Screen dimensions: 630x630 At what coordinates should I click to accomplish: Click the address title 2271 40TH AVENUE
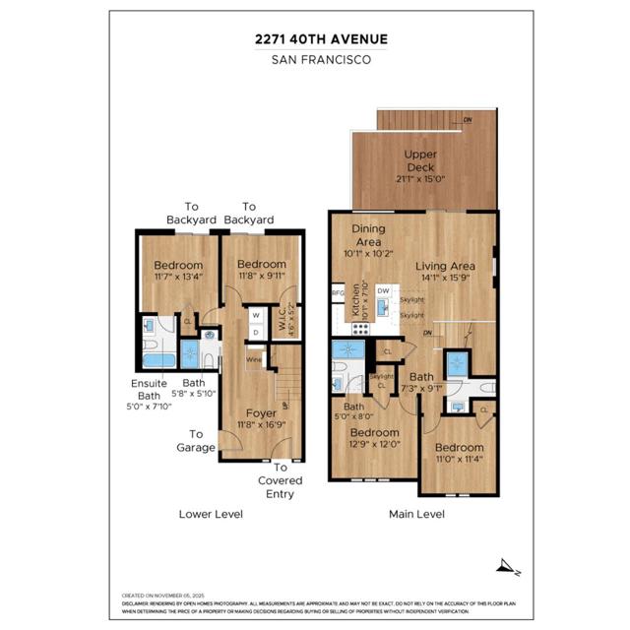[315, 39]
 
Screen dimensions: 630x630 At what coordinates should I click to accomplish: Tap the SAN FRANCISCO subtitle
[315, 59]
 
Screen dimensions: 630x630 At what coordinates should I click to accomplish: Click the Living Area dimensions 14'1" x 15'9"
[445, 279]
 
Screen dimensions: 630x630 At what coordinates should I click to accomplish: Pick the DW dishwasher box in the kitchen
[384, 291]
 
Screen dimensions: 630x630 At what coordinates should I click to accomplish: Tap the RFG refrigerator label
[338, 292]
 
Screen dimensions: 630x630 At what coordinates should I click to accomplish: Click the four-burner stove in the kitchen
[360, 329]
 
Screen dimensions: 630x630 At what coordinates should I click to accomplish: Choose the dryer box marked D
[256, 332]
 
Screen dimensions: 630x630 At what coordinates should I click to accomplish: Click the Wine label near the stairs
[254, 360]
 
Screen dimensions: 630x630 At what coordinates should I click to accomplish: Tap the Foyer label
[261, 413]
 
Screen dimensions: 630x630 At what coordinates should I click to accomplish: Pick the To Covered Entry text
[281, 480]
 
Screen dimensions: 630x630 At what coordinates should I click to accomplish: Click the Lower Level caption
[211, 514]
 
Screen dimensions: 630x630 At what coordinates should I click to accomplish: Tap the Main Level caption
[415, 514]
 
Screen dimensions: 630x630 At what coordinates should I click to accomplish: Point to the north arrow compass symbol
[508, 566]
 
